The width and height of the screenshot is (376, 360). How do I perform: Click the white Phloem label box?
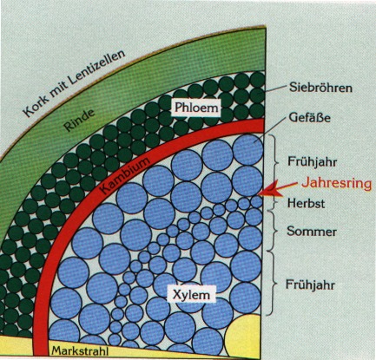196,108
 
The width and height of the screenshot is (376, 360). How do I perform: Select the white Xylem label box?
192,295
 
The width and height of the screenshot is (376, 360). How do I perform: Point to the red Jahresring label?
336,183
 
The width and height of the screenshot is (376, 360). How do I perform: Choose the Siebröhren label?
320,88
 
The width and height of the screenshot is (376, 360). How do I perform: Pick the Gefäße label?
309,117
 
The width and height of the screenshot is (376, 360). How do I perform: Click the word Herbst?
306,203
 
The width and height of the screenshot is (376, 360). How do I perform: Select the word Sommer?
312,232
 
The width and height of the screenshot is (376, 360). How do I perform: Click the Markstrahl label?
80,351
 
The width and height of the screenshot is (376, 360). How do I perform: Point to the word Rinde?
79,120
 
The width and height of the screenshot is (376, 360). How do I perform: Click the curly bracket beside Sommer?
276,231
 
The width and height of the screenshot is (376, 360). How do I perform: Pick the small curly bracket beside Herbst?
275,202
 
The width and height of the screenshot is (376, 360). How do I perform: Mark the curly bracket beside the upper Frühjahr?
276,163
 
